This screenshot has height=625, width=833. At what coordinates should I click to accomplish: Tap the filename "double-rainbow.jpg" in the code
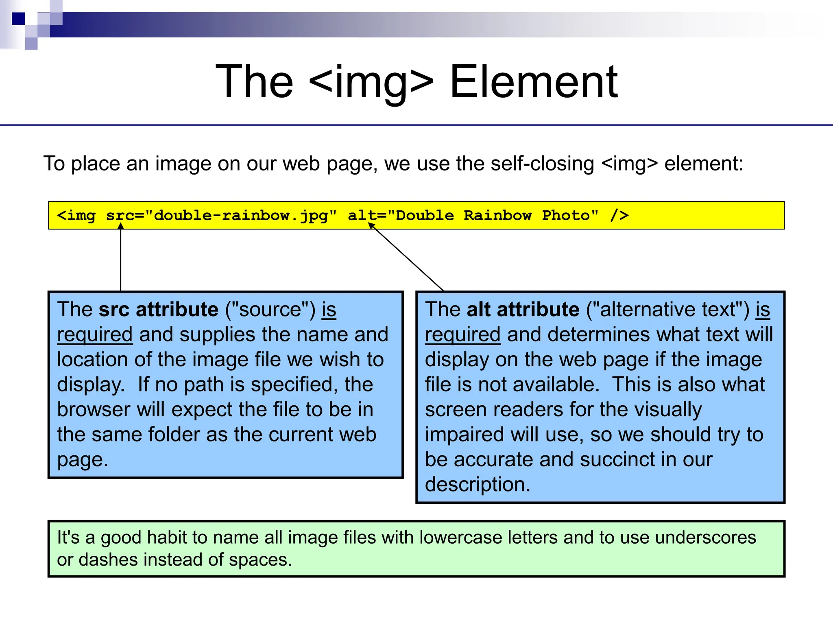coord(241,215)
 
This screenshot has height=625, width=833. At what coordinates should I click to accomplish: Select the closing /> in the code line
coord(619,215)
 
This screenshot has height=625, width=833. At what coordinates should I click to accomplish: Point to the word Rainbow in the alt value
coord(497,215)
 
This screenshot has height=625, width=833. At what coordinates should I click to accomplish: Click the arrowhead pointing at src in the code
coord(121,226)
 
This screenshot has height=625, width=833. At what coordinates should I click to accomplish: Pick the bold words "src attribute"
coord(158,309)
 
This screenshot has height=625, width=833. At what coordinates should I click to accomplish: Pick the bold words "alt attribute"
coord(523,309)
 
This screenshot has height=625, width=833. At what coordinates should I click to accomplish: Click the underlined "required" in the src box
coord(95,335)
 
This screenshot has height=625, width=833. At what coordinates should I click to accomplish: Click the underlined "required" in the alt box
coord(462,335)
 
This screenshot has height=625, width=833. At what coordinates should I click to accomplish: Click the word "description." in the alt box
coord(478,485)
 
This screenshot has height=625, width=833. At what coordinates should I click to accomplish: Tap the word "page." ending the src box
coord(83,460)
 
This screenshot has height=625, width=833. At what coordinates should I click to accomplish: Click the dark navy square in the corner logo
coord(18,19)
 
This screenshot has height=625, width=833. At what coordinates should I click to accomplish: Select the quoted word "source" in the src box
coord(270,309)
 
